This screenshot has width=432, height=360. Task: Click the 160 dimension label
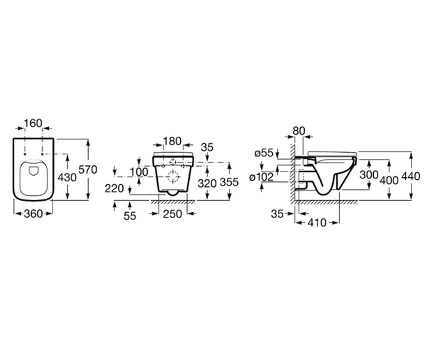coord(33,123)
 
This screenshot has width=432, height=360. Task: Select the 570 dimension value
coord(88,170)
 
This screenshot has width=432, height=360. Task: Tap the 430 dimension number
coord(67,177)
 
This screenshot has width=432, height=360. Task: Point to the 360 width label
coord(33,214)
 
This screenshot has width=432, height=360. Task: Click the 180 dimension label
coord(172,141)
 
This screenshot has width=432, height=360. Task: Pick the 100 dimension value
coord(139,172)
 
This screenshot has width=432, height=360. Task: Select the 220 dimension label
coord(114,189)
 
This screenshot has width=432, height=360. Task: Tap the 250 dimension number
coord(172,214)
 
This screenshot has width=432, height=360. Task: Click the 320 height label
coord(207,183)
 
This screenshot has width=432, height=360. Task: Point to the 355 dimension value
coord(229,182)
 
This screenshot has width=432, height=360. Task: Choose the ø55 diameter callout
coord(264,153)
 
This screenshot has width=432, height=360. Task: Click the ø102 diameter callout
coord(261,177)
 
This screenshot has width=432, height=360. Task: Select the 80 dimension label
coord(299,131)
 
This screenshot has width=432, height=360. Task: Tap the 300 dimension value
coord(369,175)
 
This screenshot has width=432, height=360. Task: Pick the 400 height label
coord(389,181)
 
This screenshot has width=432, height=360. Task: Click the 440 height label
coord(411,176)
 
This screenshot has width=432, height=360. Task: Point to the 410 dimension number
coord(317,223)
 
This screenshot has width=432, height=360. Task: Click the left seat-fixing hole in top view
coord(25,154)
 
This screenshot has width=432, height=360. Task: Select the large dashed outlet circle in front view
coord(172,177)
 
